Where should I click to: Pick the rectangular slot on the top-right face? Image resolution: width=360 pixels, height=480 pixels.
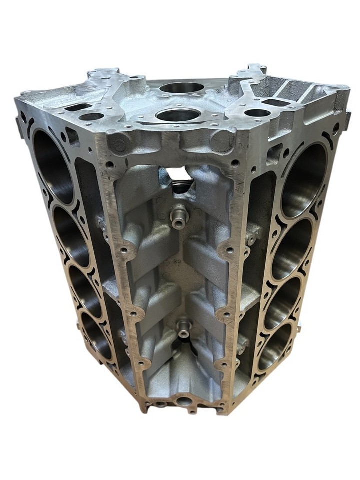pos(273,103)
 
